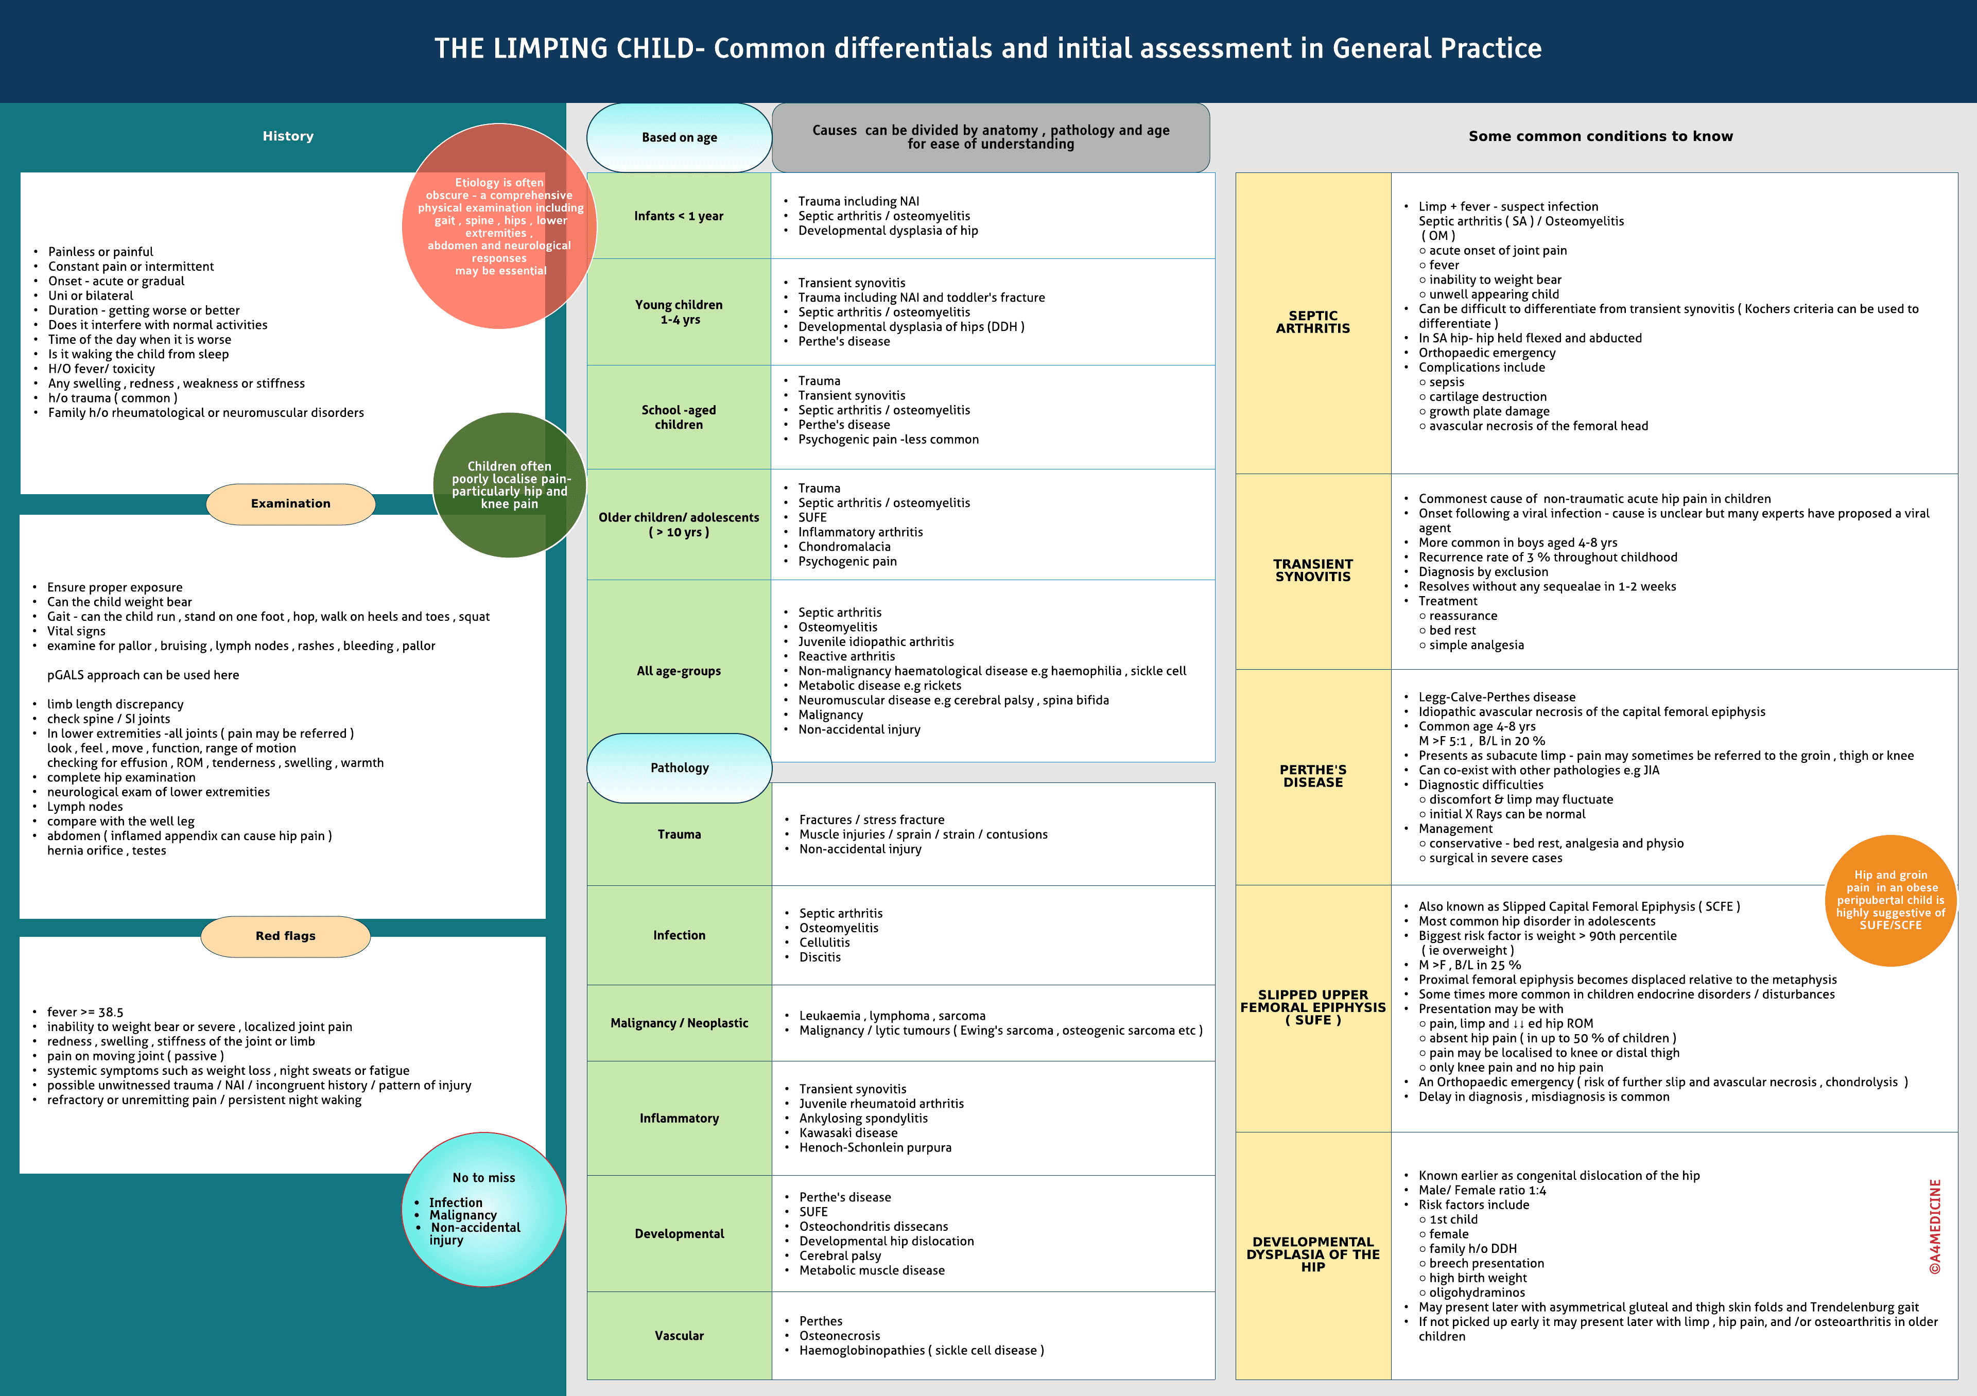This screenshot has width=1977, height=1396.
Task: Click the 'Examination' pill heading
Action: pyautogui.click(x=291, y=503)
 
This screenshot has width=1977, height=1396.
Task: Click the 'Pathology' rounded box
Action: pyautogui.click(x=680, y=767)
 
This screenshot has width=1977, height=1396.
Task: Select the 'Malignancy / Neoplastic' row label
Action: pyautogui.click(x=680, y=1023)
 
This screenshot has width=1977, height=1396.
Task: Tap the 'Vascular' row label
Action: pyautogui.click(x=680, y=1336)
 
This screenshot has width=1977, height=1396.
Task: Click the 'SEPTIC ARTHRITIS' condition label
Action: pyautogui.click(x=1313, y=322)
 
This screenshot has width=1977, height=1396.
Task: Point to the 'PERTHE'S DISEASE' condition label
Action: pyautogui.click(x=1313, y=776)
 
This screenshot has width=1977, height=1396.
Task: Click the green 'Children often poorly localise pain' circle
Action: pyautogui.click(x=510, y=485)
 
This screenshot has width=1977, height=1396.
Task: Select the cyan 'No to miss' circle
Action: pyautogui.click(x=484, y=1209)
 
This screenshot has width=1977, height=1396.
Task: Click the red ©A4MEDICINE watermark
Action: pyautogui.click(x=1935, y=1227)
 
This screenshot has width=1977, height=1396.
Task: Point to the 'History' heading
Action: pyautogui.click(x=288, y=136)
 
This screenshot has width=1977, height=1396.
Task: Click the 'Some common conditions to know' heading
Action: pyautogui.click(x=1601, y=136)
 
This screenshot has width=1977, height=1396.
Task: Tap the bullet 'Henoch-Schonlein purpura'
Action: pyautogui.click(x=875, y=1147)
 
